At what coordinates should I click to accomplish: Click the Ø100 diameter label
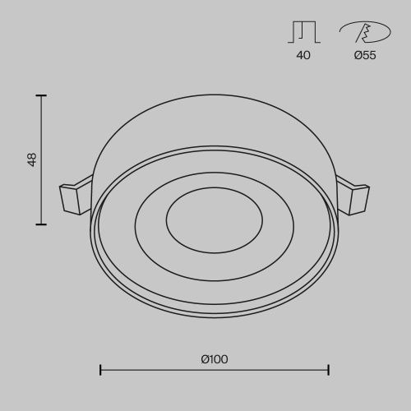point(214,358)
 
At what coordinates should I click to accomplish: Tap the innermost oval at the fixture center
point(214,220)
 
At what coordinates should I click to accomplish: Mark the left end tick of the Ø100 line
point(100,370)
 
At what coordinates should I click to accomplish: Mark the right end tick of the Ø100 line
point(329,370)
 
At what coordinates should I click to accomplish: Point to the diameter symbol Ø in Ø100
point(204,358)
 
